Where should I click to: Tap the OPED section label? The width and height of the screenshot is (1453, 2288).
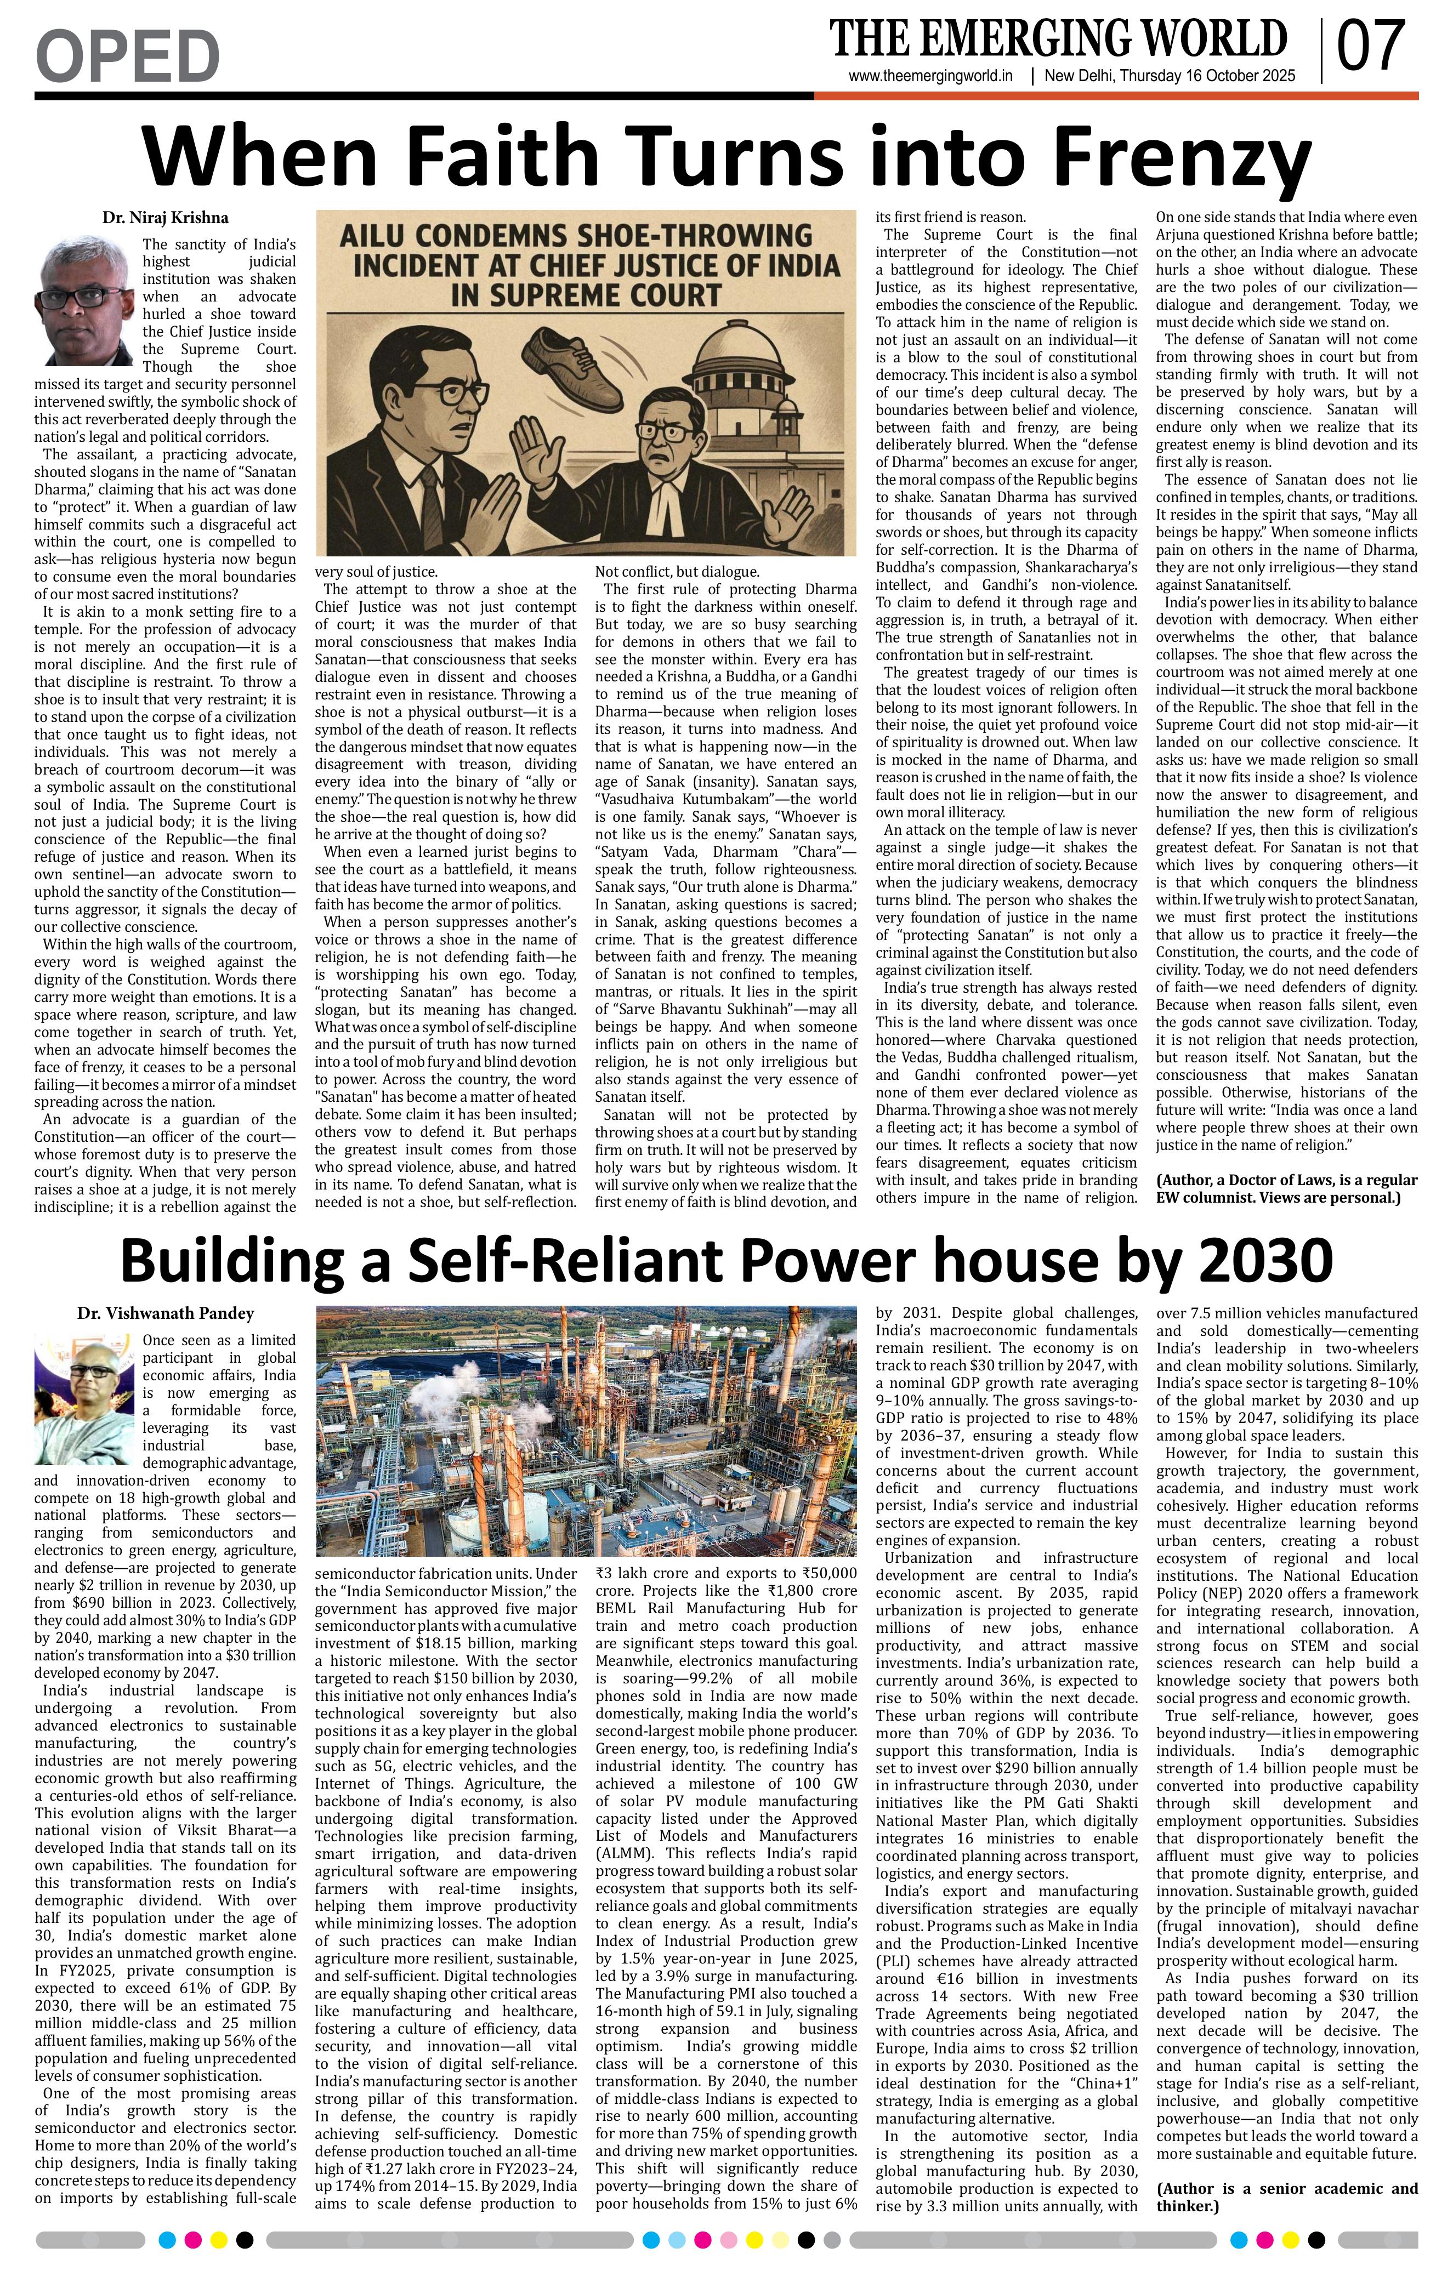coord(127,55)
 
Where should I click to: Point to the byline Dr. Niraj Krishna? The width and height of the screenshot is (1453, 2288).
coord(166,218)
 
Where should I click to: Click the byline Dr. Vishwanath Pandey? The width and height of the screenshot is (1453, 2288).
coord(166,1313)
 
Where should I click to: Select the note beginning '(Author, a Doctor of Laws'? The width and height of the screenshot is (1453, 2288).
coord(1287,1188)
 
